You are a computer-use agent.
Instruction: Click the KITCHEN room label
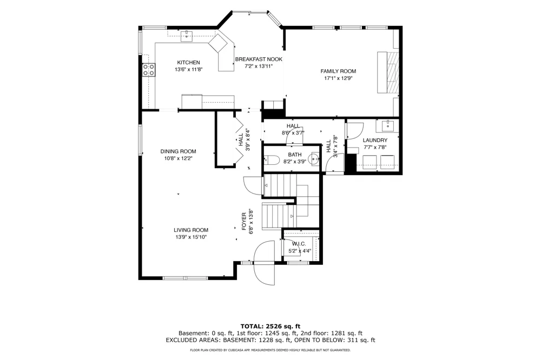[188, 62]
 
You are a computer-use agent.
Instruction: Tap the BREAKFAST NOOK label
[259, 59]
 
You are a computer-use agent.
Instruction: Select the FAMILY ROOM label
[338, 71]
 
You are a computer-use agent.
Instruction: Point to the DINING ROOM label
[178, 151]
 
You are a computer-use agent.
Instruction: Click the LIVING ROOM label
[191, 230]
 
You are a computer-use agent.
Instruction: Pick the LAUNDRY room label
[375, 141]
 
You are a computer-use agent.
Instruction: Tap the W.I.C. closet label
[299, 244]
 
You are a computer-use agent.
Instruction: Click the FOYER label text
[244, 222]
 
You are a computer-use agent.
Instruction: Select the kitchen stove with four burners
[149, 70]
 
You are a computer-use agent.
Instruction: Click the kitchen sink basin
[186, 36]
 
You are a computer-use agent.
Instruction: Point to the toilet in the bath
[272, 159]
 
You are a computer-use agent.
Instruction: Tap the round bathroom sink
[315, 159]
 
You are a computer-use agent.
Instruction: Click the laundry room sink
[388, 126]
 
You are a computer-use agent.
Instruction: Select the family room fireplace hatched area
[392, 72]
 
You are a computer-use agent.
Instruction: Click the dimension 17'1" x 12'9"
[338, 78]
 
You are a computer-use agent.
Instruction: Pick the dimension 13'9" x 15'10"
[191, 237]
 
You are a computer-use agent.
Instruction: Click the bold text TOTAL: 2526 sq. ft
[270, 326]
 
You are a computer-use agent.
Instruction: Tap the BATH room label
[295, 155]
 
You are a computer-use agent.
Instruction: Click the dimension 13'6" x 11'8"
[188, 70]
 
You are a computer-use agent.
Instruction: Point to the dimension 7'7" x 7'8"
[375, 148]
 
